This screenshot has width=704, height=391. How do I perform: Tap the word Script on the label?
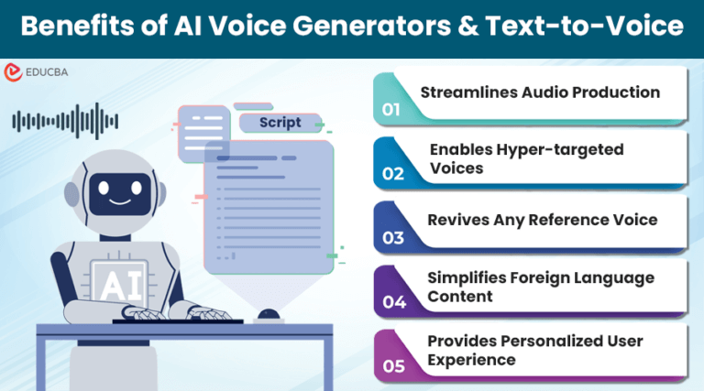[280, 123]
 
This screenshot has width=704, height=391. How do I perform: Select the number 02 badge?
[392, 173]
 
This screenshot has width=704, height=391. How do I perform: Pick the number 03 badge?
[392, 238]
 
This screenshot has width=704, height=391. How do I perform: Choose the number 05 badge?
[392, 365]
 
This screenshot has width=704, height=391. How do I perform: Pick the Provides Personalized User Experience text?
[535, 350]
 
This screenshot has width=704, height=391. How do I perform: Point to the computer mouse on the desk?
[268, 315]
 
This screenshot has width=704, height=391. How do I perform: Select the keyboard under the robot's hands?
[174, 320]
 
